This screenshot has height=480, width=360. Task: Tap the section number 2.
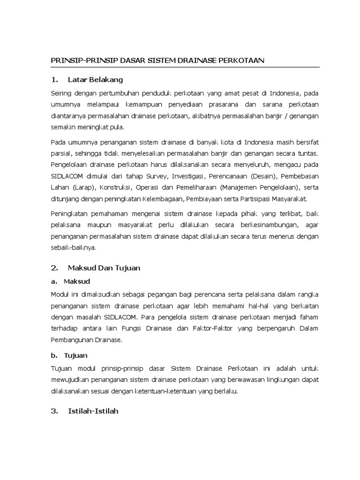point(54,268)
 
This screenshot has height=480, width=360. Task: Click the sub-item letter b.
point(53,355)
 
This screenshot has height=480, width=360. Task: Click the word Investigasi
point(178,177)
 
